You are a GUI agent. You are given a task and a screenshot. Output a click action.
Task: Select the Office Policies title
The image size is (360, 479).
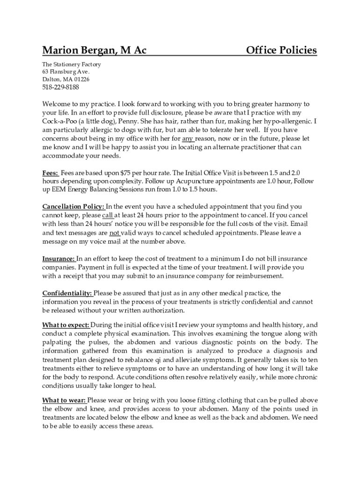(281, 50)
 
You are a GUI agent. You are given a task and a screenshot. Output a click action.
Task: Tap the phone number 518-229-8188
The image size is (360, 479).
(60, 87)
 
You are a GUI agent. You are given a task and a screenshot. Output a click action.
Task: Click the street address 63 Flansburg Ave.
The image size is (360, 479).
(65, 72)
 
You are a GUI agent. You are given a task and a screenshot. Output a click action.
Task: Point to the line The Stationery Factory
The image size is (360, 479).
(71, 65)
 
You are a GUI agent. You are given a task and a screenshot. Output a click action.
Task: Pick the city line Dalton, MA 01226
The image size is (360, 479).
(65, 80)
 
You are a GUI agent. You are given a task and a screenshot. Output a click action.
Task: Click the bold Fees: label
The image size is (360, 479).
(50, 173)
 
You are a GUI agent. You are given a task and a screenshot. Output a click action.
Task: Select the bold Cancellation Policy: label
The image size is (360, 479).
(74, 206)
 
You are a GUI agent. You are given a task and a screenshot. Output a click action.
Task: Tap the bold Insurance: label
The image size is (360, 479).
(58, 259)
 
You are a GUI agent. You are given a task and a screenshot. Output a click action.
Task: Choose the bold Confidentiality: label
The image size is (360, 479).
(67, 293)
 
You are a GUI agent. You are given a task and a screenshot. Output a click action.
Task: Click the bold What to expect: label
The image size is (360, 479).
(65, 325)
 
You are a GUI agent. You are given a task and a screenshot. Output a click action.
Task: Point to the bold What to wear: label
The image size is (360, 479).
(64, 400)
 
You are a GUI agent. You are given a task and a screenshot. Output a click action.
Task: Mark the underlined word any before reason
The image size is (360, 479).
(187, 139)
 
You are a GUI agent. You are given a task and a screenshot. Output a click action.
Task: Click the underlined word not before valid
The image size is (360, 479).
(115, 232)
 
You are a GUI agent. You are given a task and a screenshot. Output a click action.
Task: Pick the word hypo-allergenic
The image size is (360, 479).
(288, 122)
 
